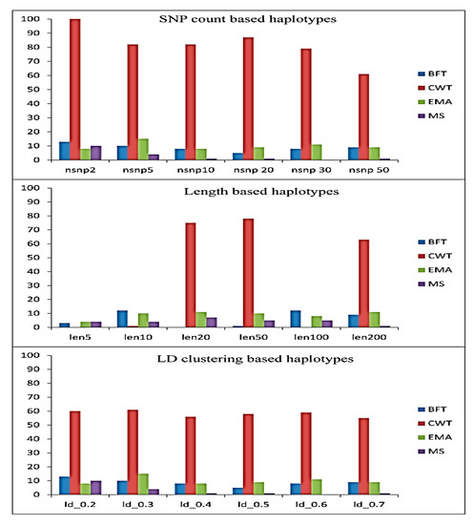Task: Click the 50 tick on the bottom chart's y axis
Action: tap(34, 425)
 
